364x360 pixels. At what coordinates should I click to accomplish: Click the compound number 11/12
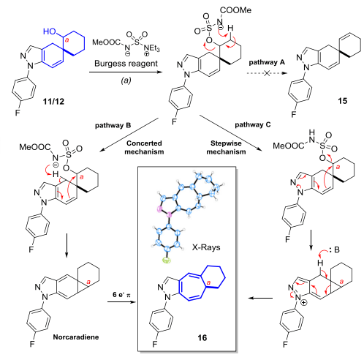pyautogui.click(x=53, y=101)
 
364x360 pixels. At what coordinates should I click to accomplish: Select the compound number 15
pyautogui.click(x=342, y=101)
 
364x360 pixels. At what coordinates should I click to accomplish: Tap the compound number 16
pyautogui.click(x=202, y=337)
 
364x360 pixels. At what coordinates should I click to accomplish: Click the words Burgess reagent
pyautogui.click(x=126, y=64)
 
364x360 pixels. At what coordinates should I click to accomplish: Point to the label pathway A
pyautogui.click(x=267, y=62)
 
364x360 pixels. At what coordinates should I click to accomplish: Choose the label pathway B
pyautogui.click(x=113, y=126)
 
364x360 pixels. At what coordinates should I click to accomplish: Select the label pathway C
pyautogui.click(x=253, y=125)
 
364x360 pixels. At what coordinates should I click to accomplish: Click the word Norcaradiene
pyautogui.click(x=76, y=337)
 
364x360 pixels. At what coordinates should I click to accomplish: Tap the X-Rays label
pyautogui.click(x=206, y=247)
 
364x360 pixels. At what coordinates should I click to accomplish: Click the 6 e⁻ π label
pyautogui.click(x=121, y=295)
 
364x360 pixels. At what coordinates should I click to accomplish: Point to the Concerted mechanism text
pyautogui.click(x=144, y=148)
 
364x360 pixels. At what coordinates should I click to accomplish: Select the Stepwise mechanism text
pyautogui.click(x=226, y=148)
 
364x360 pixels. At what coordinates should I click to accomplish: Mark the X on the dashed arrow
pyautogui.click(x=267, y=73)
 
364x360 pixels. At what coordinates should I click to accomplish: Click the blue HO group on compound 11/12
pyautogui.click(x=50, y=31)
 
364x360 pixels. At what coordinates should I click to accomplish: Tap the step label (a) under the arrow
pyautogui.click(x=126, y=80)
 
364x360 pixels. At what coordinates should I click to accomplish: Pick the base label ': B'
pyautogui.click(x=334, y=250)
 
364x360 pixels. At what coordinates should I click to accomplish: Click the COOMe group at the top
pyautogui.click(x=235, y=10)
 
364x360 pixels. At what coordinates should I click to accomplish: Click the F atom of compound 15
pyautogui.click(x=294, y=114)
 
